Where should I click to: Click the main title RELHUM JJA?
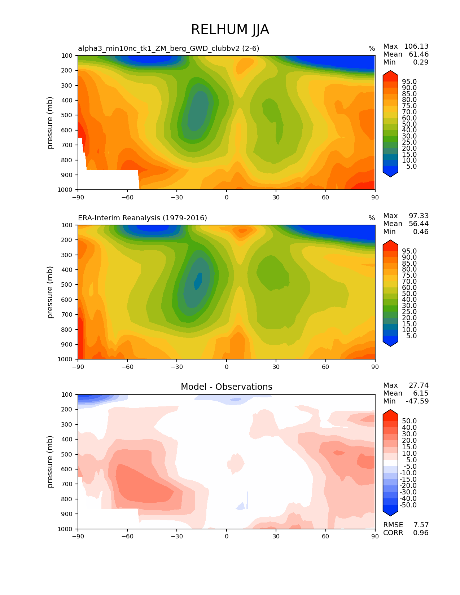230,30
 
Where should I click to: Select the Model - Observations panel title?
226,387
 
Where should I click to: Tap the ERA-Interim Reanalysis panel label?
143,218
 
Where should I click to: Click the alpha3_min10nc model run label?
168,48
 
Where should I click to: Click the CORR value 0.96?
421,533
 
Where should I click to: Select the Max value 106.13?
416,46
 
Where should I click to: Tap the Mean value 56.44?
419,224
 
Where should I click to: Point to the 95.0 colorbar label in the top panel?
409,82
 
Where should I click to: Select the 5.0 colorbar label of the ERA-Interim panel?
411,336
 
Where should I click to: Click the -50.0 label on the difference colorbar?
408,505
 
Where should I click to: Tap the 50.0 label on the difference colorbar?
409,421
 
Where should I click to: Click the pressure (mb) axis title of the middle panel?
50,292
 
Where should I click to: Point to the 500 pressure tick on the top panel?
67,115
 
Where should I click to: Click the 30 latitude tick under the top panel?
276,197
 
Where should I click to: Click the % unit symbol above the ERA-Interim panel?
371,218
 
